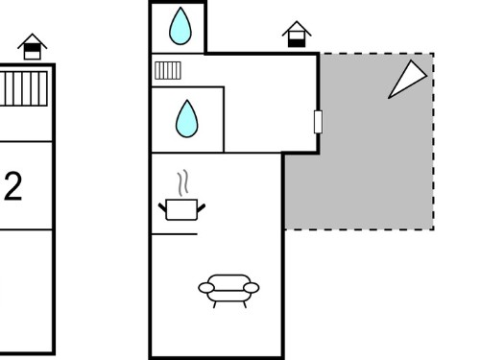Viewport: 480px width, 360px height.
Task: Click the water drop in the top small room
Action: [x=180, y=26]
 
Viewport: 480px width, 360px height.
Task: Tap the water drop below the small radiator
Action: [x=187, y=119]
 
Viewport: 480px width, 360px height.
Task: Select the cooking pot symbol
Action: [x=181, y=209]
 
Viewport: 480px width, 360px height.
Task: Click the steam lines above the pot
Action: [x=182, y=182]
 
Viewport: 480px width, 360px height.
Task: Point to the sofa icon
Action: [x=228, y=291]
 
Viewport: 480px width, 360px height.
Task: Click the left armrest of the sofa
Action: [x=206, y=288]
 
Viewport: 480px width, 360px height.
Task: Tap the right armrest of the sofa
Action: [x=252, y=288]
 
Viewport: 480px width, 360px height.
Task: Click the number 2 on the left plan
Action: [x=13, y=186]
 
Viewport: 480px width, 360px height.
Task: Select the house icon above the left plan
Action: [x=33, y=47]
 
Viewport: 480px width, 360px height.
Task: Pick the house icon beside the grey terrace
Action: [x=297, y=35]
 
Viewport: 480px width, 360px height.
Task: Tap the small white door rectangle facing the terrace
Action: [x=318, y=122]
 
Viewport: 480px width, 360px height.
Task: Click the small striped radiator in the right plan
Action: [x=168, y=70]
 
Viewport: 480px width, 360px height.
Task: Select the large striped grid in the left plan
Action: [x=23, y=88]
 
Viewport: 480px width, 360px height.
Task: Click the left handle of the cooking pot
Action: [x=163, y=207]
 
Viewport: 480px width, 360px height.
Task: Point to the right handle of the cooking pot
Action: [x=202, y=207]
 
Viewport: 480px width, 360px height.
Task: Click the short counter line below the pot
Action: [x=175, y=234]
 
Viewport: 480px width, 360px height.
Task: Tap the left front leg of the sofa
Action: [x=215, y=304]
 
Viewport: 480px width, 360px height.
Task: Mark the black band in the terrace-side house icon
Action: [x=297, y=42]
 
